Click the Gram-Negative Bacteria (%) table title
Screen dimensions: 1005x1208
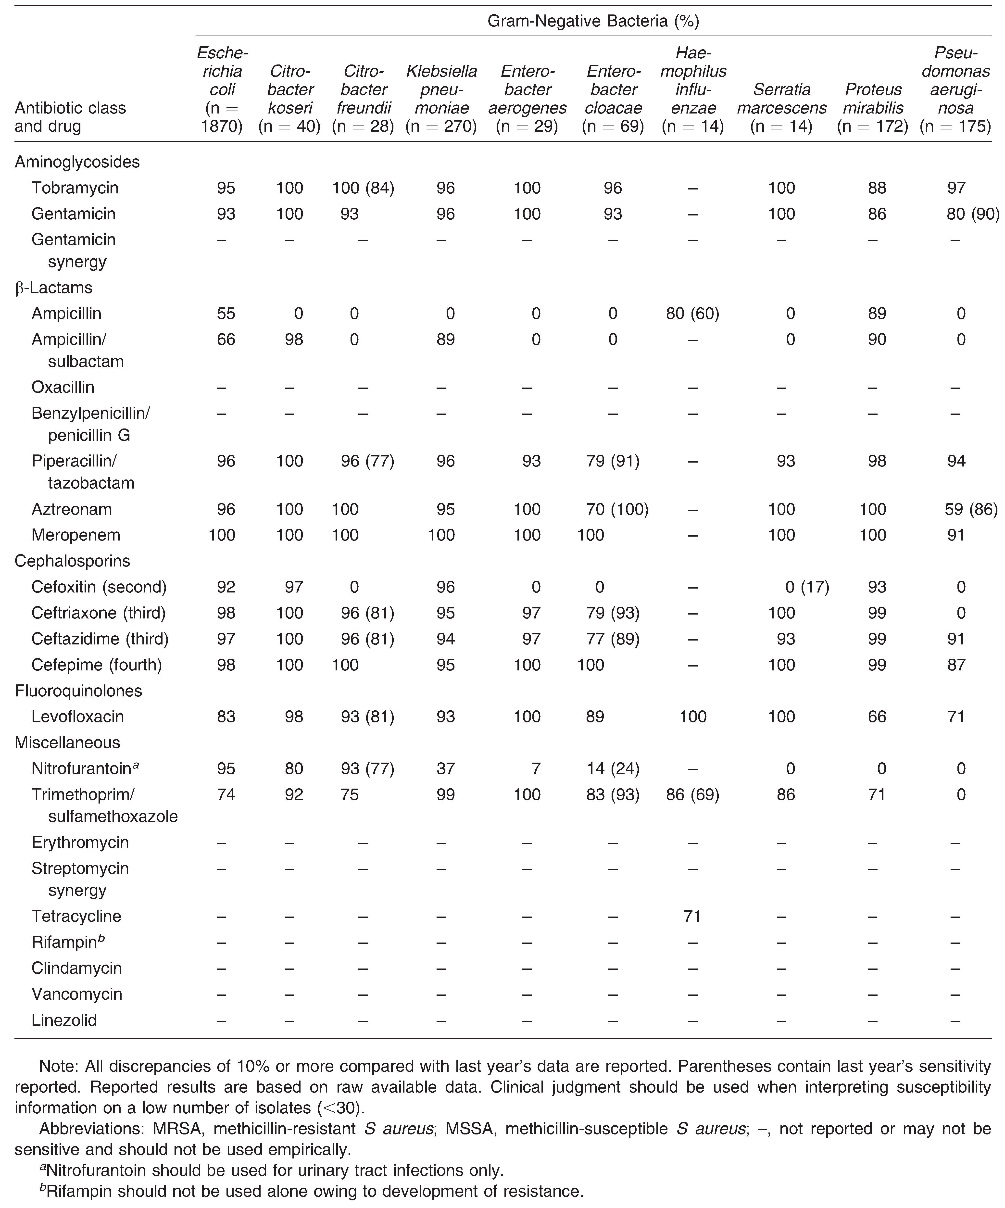tap(593, 22)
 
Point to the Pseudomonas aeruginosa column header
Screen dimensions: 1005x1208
tap(955, 89)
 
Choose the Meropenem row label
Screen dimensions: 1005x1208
tap(76, 535)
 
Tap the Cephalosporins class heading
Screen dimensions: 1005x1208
tap(73, 561)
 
